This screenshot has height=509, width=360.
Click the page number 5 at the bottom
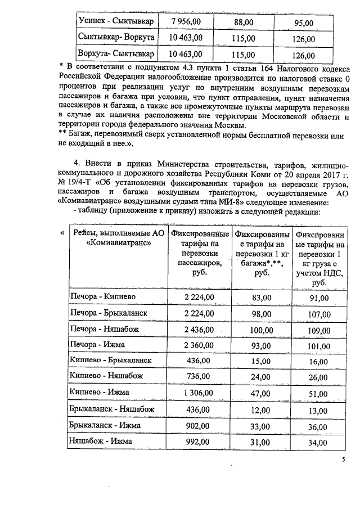tap(343, 460)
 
